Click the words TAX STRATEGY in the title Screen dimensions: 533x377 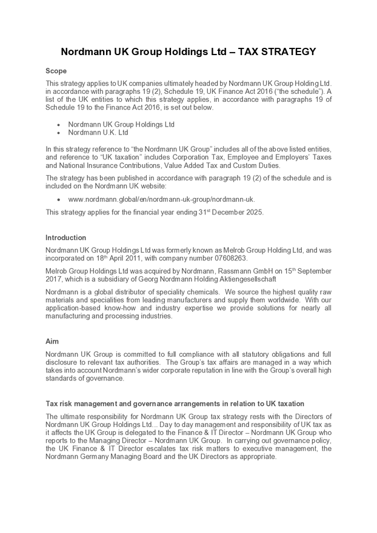(x=277, y=52)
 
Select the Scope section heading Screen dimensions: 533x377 (x=56, y=71)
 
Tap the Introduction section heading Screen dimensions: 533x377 (x=65, y=237)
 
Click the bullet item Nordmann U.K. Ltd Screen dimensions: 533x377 (x=98, y=132)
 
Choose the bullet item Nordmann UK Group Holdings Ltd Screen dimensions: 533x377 (x=121, y=124)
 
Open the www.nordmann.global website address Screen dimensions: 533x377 (x=162, y=199)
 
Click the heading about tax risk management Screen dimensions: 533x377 (x=175, y=403)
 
